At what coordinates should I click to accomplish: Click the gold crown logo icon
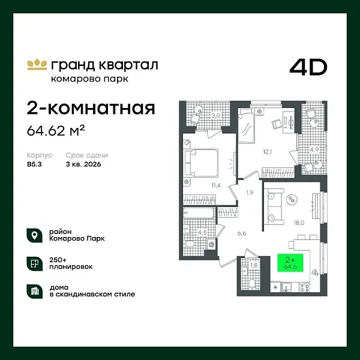click(x=37, y=64)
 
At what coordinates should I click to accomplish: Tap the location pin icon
click(x=35, y=235)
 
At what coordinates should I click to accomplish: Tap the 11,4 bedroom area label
click(x=215, y=185)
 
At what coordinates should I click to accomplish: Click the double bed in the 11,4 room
click(x=199, y=161)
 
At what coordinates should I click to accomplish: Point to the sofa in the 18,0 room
click(x=273, y=205)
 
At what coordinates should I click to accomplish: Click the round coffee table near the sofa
click(x=294, y=199)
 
